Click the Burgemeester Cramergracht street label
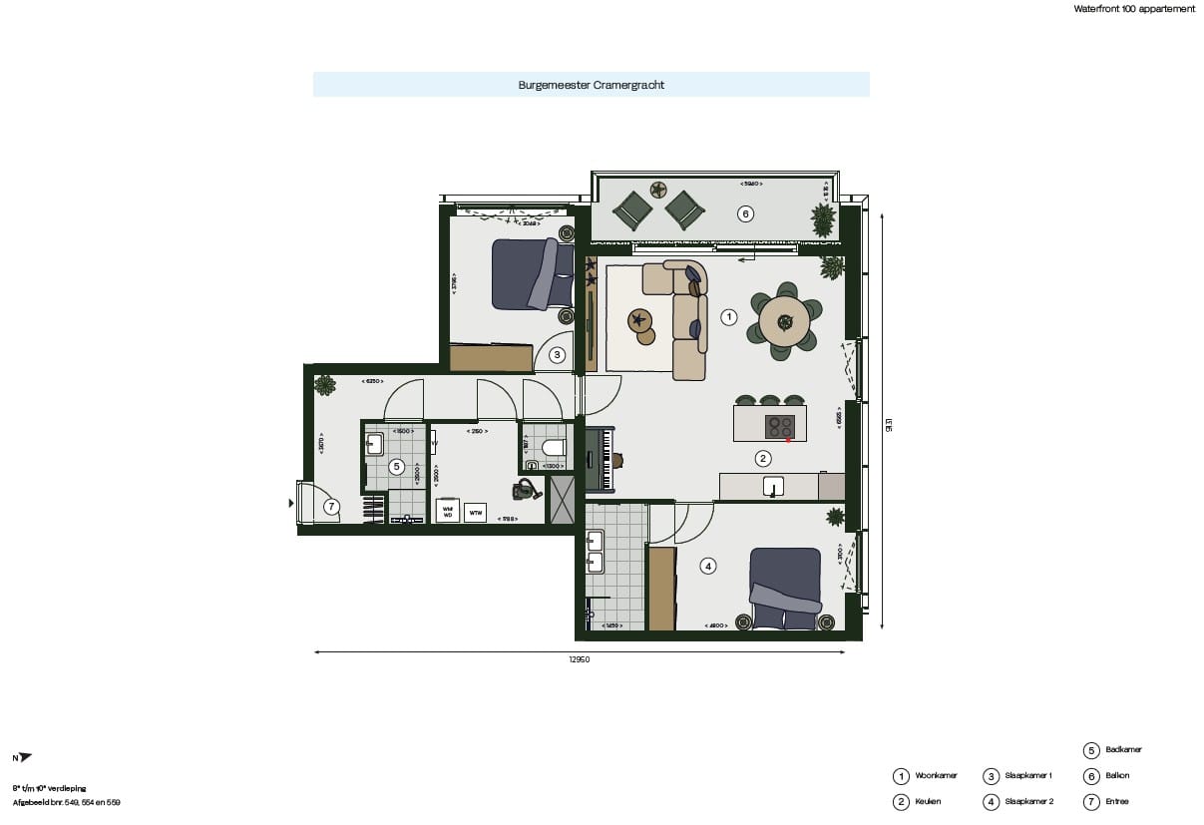click(591, 85)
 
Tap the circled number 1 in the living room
click(728, 317)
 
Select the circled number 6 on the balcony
click(743, 212)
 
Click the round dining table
click(784, 320)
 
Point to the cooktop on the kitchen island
click(780, 426)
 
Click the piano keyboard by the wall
click(600, 460)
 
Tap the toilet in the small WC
click(552, 447)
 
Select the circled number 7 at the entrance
click(331, 507)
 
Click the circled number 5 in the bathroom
click(396, 466)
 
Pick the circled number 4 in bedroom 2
click(708, 566)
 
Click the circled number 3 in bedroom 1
click(558, 354)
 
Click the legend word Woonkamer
click(936, 775)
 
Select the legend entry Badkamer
click(1123, 749)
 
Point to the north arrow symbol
click(24, 758)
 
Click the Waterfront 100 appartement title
click(1133, 8)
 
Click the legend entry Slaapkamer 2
click(1030, 801)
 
